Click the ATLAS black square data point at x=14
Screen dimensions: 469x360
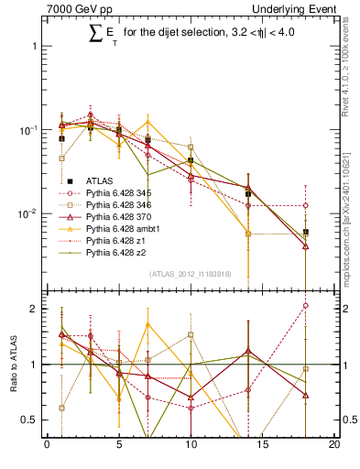(248, 194)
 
